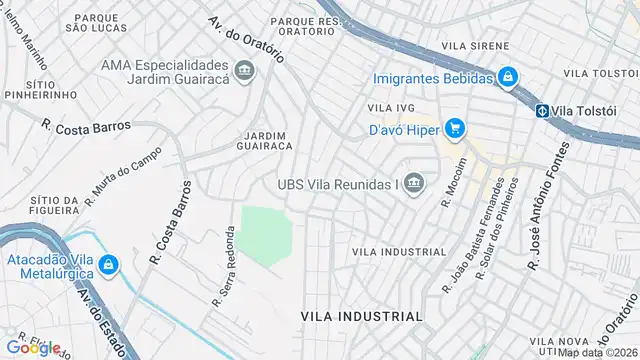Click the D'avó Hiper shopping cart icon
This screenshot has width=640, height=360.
coord(455,127)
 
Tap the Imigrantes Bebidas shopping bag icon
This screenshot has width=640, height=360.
coord(508,77)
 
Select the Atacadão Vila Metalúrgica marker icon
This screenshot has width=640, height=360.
coord(108,265)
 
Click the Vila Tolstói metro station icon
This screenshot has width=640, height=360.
coord(542,111)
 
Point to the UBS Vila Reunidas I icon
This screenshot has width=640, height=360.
coord(415,183)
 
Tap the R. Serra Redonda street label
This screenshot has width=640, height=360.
coord(223,263)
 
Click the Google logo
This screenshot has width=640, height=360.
coord(32,347)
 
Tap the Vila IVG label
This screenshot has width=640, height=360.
coord(390,107)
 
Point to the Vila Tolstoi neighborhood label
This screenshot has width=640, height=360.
coord(600,73)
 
